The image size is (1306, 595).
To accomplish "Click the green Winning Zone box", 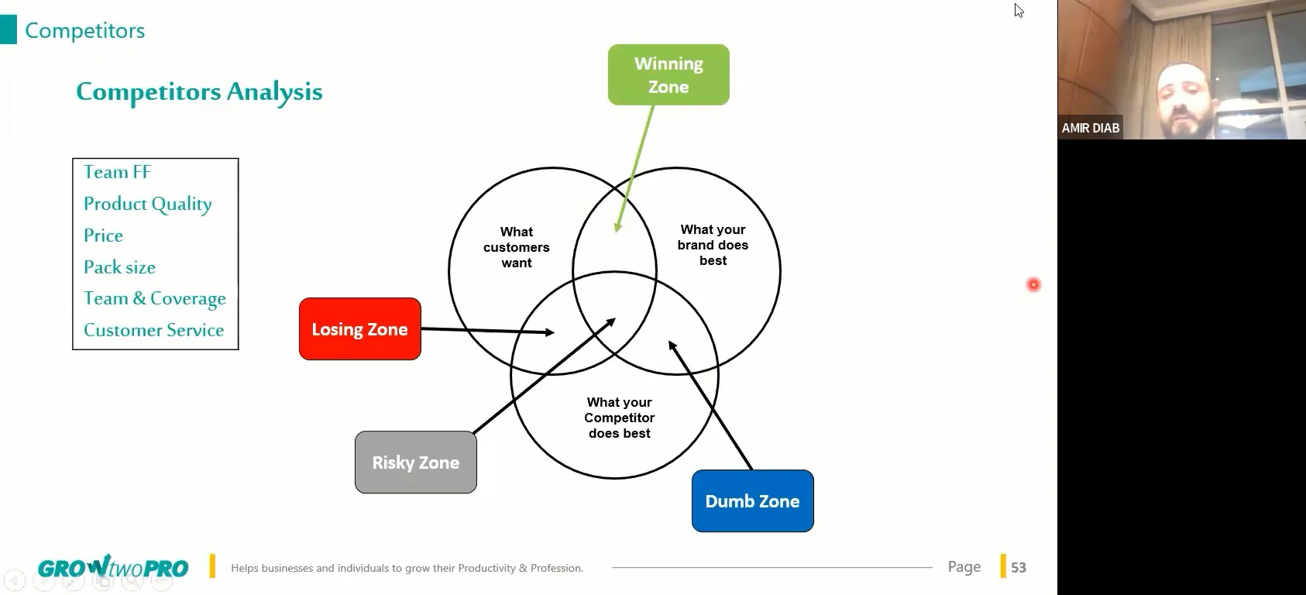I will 668,74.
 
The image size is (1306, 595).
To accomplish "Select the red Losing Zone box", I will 359,329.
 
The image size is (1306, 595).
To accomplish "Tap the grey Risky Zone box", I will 416,463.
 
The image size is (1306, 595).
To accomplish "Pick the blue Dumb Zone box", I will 752,501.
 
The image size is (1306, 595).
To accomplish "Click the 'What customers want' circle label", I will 517,247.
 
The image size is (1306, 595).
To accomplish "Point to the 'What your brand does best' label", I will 713,245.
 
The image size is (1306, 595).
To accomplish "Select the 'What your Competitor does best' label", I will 619,418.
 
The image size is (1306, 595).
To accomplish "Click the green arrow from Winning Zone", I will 635,167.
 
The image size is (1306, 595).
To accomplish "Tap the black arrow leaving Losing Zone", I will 488,331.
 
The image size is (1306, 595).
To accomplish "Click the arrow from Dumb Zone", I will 710,405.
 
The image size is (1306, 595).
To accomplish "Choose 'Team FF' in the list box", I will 117,172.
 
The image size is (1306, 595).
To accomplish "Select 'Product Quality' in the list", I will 147,204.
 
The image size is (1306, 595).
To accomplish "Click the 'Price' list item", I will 103,236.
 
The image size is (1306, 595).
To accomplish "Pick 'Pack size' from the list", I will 119,267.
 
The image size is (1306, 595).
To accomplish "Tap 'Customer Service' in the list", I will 153,330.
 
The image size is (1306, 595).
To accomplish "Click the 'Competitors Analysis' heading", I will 199,91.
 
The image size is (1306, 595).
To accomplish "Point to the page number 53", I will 1019,567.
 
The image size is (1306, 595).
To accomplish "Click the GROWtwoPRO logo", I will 113,568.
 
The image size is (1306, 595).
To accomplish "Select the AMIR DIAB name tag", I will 1090,128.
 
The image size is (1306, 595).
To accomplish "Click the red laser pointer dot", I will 1033,285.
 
